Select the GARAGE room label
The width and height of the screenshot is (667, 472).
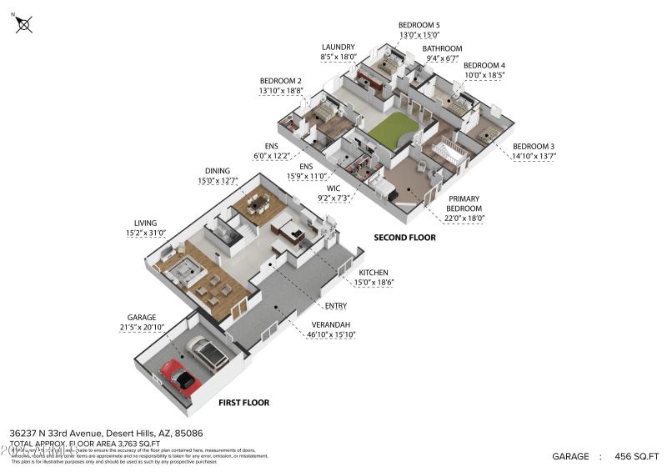pyautogui.click(x=142, y=318)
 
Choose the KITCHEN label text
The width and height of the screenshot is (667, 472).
pyautogui.click(x=374, y=273)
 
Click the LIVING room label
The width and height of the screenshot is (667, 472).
pyautogui.click(x=147, y=223)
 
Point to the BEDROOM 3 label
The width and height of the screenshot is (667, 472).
pyautogui.click(x=534, y=147)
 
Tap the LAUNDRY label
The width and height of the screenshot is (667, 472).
pyautogui.click(x=339, y=47)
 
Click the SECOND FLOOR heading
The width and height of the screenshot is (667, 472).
pyautogui.click(x=404, y=238)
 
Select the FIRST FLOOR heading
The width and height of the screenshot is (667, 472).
pyautogui.click(x=243, y=403)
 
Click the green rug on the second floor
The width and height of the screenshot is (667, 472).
pyautogui.click(x=392, y=131)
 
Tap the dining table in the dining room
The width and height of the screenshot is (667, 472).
pyautogui.click(x=254, y=203)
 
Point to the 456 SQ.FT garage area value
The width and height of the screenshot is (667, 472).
pyautogui.click(x=637, y=456)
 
